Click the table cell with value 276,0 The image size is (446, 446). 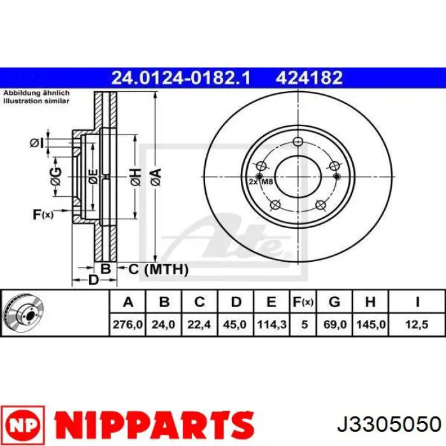click(127, 324)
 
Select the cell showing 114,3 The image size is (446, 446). click(271, 324)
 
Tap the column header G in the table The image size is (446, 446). click(334, 302)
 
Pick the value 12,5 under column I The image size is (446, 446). click(417, 324)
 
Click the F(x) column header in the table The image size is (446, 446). click(303, 302)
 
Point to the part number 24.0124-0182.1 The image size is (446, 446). click(181, 78)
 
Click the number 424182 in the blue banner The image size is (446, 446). click(309, 78)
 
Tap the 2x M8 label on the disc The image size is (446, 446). click(261, 182)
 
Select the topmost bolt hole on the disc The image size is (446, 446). click(298, 141)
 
